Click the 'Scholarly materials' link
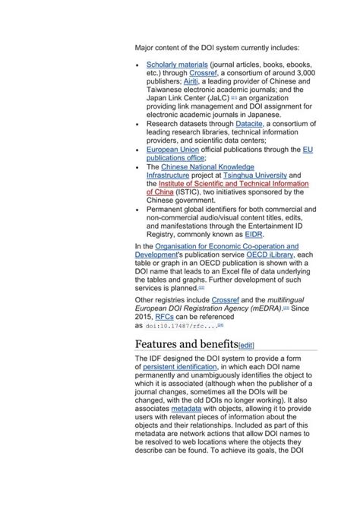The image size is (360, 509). pos(177,65)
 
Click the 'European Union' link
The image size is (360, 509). pos(173,150)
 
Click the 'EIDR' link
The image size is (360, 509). pos(254,236)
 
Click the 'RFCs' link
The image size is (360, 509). pos(165,317)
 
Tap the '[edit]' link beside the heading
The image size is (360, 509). pos(246,345)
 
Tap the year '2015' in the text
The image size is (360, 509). pos(144,317)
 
